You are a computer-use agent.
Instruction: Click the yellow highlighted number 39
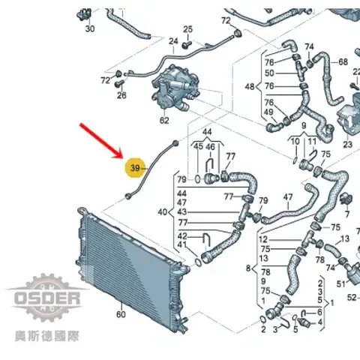[135, 168]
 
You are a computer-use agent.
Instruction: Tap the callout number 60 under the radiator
[121, 314]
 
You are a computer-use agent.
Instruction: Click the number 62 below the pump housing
[164, 121]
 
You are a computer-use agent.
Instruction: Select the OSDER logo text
[47, 298]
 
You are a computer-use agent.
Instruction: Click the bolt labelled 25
[186, 45]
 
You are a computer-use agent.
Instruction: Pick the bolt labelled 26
[119, 83]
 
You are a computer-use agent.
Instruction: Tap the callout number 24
[173, 41]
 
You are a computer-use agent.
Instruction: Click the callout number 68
[343, 61]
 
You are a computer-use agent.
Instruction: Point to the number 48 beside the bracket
[250, 87]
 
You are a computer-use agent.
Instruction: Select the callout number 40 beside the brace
[163, 212]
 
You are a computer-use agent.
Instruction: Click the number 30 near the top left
[90, 28]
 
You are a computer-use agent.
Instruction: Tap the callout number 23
[347, 145]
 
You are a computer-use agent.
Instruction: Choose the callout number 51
[341, 284]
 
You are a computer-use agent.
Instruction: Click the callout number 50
[269, 73]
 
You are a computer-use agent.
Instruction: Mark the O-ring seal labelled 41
[198, 262]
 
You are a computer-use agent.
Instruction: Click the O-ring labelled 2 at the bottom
[262, 319]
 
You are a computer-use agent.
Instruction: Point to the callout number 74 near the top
[310, 46]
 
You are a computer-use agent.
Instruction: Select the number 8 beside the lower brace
[248, 268]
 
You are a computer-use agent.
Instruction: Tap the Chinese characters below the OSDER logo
[47, 336]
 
